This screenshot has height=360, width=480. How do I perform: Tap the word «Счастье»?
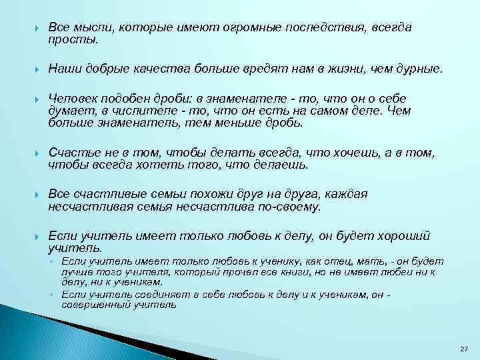pyautogui.click(x=73, y=153)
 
